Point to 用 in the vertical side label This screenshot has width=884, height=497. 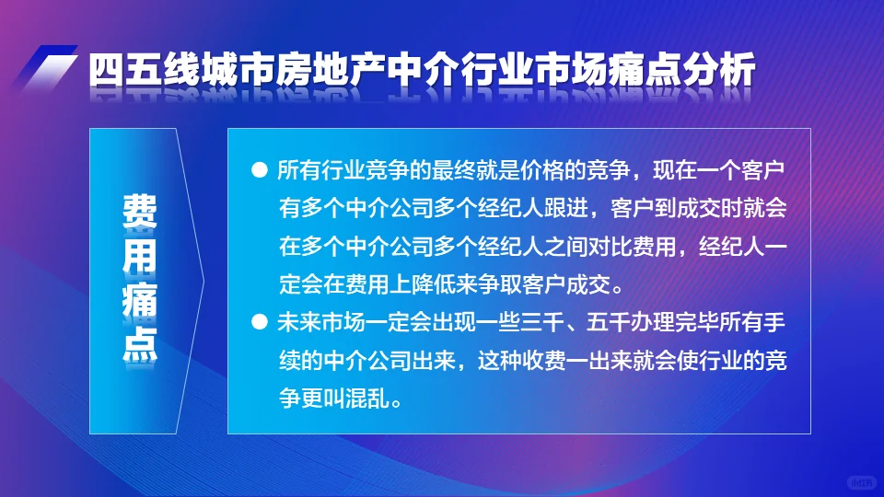coord(139,257)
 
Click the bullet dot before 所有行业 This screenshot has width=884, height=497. coord(259,171)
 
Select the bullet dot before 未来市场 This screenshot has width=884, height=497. coord(259,324)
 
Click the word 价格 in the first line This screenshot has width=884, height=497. coord(520,171)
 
